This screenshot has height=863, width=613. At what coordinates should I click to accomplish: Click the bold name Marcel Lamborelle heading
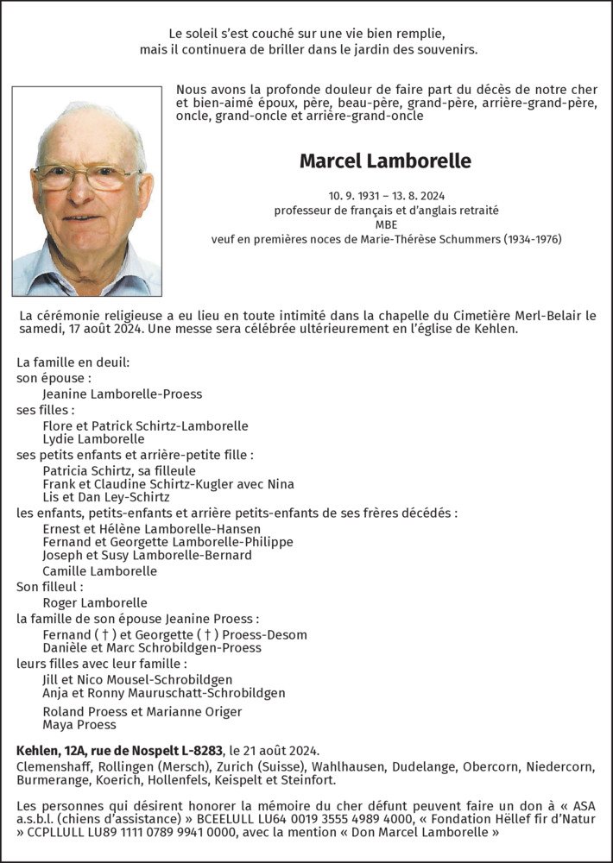pyautogui.click(x=385, y=161)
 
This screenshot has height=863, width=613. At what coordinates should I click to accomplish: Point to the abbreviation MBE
pyautogui.click(x=385, y=224)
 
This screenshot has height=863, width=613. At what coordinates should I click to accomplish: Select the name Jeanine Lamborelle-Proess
pyautogui.click(x=122, y=394)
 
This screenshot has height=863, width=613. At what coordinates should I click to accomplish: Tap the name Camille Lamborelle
pyautogui.click(x=99, y=570)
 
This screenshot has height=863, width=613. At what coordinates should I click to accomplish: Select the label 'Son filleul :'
pyautogui.click(x=52, y=586)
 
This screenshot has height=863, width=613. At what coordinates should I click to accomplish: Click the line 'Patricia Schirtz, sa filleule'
pyautogui.click(x=118, y=470)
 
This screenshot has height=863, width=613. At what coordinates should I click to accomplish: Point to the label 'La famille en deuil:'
pyautogui.click(x=73, y=362)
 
